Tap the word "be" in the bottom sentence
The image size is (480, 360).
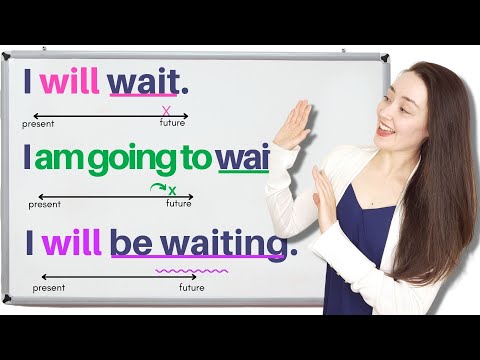click(136, 243)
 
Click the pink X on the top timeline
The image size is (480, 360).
click(166, 111)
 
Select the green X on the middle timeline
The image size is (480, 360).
click(172, 190)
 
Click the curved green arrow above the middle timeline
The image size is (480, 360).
click(157, 187)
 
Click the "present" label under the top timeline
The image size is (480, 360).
click(39, 125)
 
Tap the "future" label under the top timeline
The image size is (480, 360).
click(172, 125)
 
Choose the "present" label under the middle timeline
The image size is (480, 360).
click(45, 204)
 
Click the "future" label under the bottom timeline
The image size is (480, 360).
click(192, 288)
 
